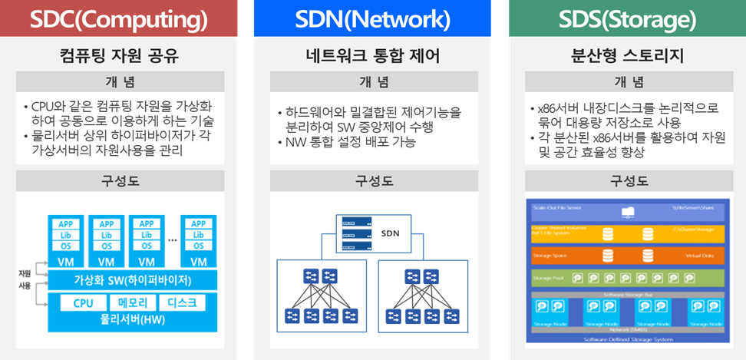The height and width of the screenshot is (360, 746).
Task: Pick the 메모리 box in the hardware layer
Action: point(134,302)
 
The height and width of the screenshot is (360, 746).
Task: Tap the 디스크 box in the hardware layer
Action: point(182,302)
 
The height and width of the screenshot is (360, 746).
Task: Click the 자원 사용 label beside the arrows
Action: point(25,279)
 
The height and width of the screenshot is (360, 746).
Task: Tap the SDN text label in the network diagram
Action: point(390,231)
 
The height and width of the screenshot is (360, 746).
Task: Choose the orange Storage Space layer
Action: point(626,254)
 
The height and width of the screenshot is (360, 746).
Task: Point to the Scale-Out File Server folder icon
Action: point(627,210)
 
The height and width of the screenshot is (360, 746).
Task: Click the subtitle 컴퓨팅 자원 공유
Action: point(119,55)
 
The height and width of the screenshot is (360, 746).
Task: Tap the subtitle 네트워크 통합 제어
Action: point(372,55)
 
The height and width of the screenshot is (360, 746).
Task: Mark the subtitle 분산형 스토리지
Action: point(627,55)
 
